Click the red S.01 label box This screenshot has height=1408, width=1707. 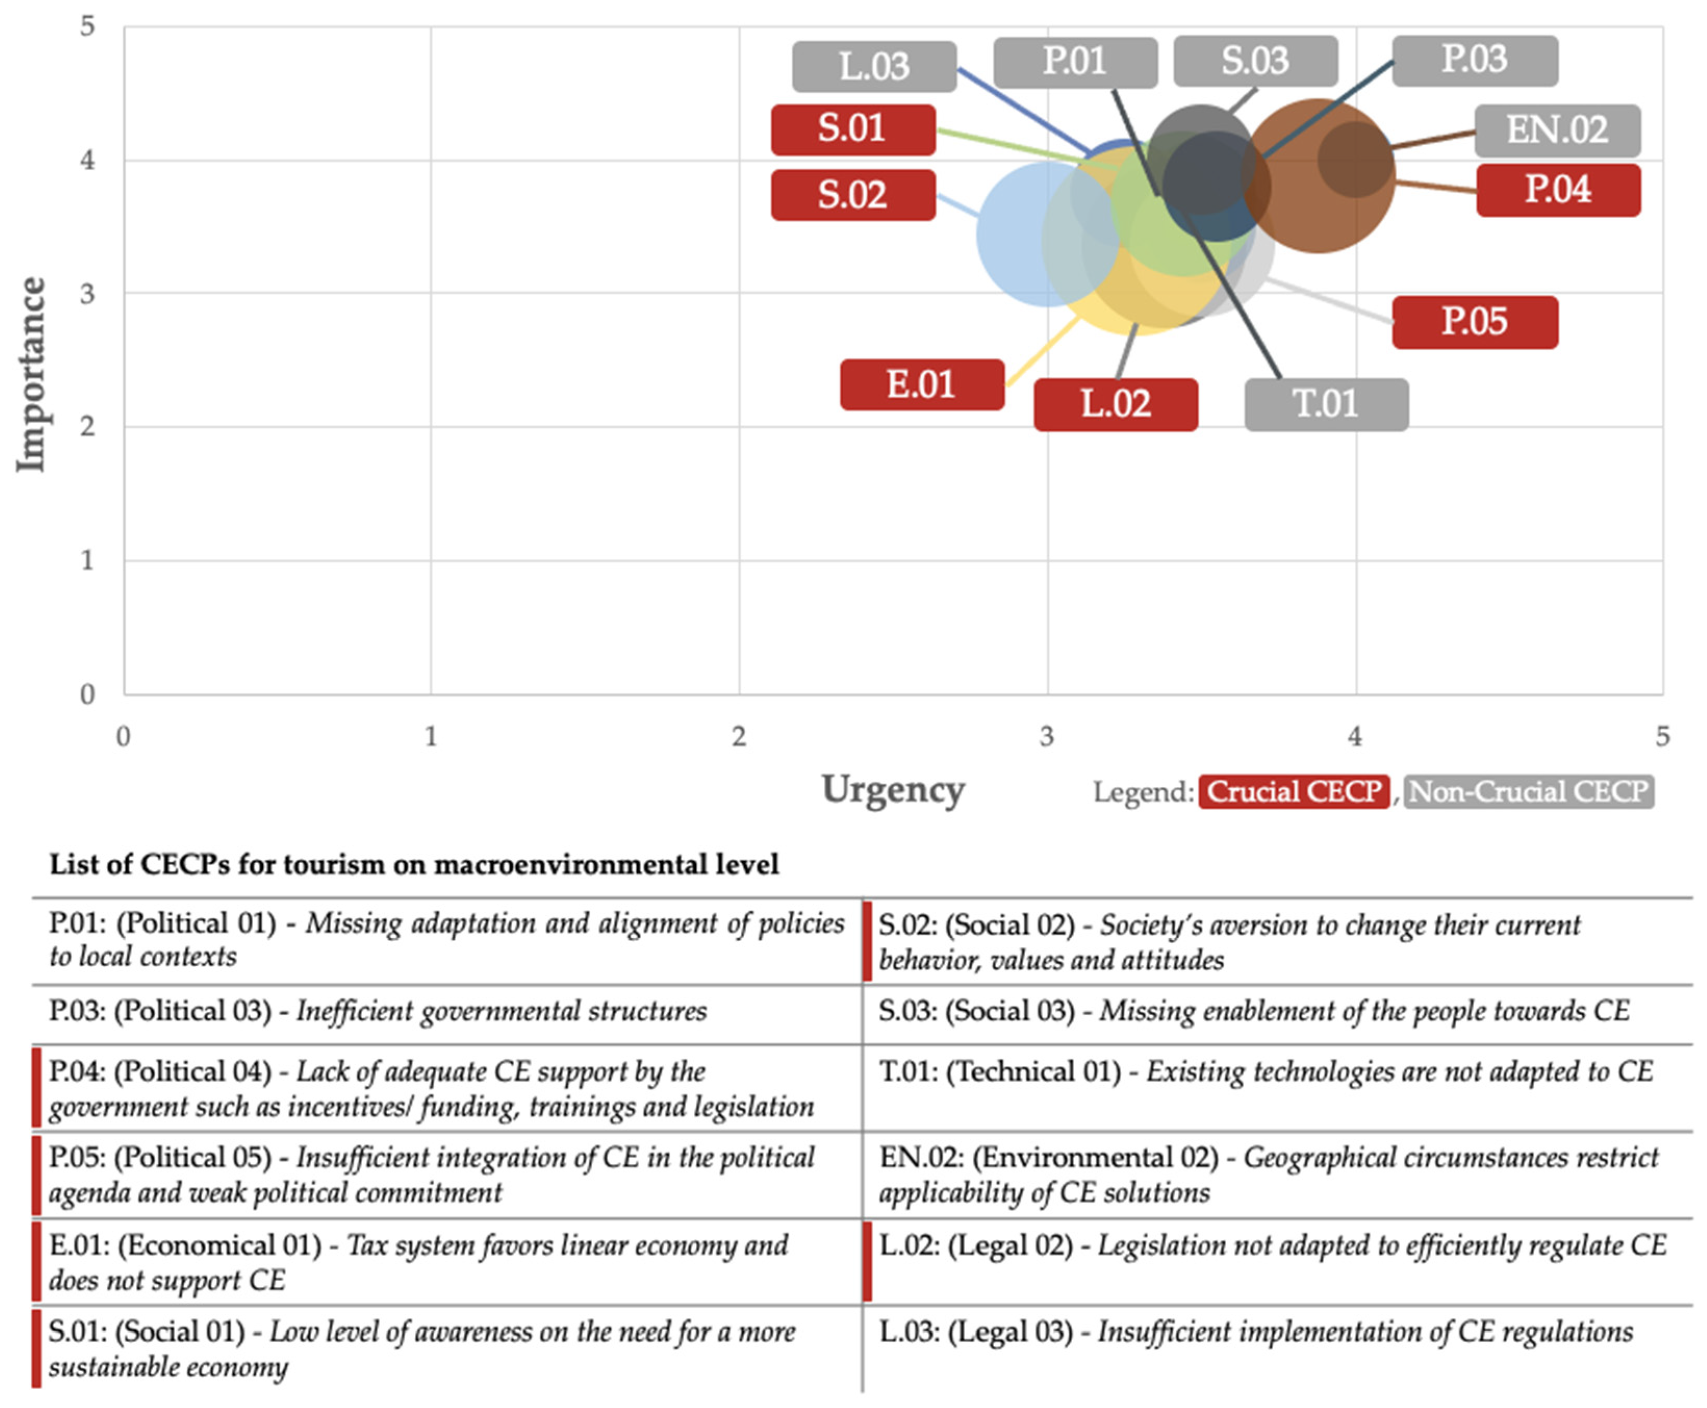point(852,130)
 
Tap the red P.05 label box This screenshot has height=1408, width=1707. point(1474,322)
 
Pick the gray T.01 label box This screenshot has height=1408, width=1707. point(1326,404)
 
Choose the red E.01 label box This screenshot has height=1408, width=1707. point(921,385)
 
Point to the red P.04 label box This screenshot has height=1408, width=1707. point(1558,190)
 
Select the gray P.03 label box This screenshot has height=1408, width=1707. point(1474,60)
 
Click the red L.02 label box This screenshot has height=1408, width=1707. point(1115,404)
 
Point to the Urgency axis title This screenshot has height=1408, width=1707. point(893,789)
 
